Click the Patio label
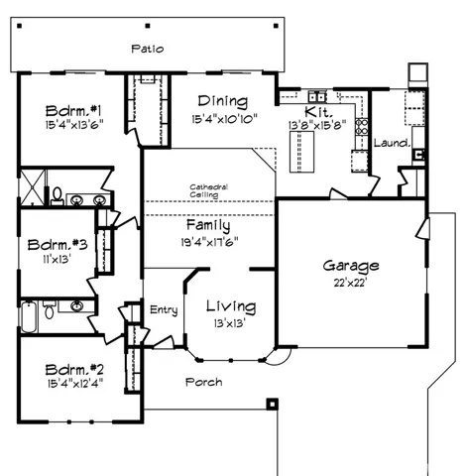point(148,48)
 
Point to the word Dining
point(222,101)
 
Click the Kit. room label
point(317,111)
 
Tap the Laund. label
point(392,143)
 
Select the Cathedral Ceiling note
point(209,190)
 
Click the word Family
point(208,225)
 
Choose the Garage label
point(350,266)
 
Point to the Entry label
point(164,310)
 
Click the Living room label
point(230,306)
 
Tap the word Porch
point(204,382)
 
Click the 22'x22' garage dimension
point(350,283)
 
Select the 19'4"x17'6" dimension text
point(208,241)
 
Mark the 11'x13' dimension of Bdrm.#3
point(56,260)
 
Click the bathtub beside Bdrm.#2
point(32,316)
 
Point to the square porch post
point(271,404)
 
